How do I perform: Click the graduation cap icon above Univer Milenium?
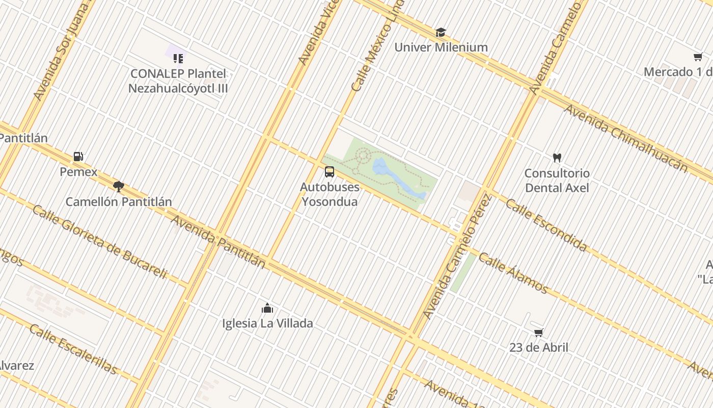tap(441, 33)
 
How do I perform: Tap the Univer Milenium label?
tap(441, 47)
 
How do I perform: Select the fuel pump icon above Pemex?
tap(78, 157)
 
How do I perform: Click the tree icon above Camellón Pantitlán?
tap(119, 187)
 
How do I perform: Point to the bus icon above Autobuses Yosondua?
tap(330, 172)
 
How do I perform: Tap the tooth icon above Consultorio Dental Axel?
tap(557, 158)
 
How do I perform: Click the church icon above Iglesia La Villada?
tap(267, 308)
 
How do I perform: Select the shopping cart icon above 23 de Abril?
tap(538, 333)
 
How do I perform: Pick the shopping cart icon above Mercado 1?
tap(698, 57)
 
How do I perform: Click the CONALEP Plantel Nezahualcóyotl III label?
tap(178, 81)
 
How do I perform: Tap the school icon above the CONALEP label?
tap(178, 59)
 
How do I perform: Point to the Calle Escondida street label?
tap(546, 225)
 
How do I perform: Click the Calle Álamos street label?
tap(513, 273)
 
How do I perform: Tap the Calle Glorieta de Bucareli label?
tap(99, 241)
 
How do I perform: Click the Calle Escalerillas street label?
tap(73, 349)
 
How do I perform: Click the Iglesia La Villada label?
tap(267, 323)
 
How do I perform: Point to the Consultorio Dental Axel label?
tap(557, 181)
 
